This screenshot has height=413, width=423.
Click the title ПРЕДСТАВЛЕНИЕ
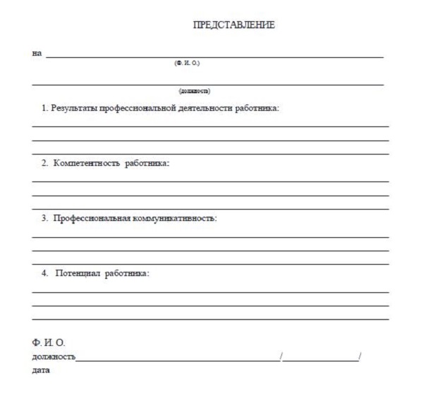tap(233, 25)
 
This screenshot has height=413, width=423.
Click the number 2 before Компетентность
tap(44, 163)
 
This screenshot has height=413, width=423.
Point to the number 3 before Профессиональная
tap(44, 218)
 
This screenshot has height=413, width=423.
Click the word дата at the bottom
tap(42, 371)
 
